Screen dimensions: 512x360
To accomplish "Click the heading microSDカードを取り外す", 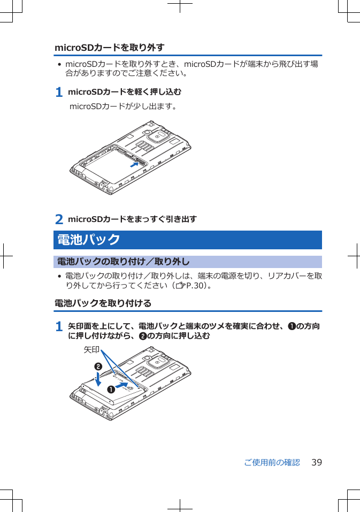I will (x=109, y=48).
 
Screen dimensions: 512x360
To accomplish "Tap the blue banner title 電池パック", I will (x=89, y=240).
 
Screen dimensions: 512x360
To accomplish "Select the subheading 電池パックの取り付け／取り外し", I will (x=123, y=262).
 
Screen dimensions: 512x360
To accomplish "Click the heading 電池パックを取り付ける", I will (x=103, y=303).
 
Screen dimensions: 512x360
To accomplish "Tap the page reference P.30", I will (x=194, y=286).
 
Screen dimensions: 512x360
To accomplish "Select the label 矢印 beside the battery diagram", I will (x=91, y=349).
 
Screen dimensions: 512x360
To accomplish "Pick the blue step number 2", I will (x=59, y=219).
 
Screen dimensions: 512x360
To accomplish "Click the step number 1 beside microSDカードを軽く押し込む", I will (x=59, y=93).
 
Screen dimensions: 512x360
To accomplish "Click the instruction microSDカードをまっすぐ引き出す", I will (x=132, y=219).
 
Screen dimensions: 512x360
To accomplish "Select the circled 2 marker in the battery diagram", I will (x=98, y=366).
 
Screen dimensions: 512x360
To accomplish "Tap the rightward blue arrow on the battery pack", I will (x=122, y=385).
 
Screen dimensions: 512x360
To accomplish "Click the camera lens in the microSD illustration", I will (x=157, y=136).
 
